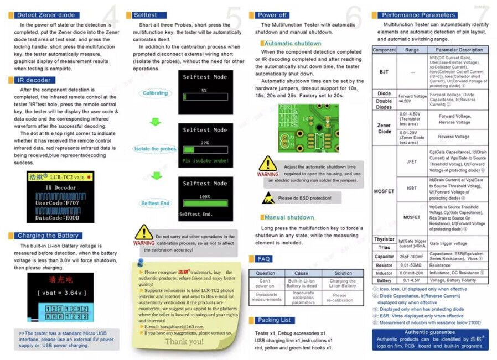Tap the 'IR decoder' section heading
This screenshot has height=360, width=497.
[x=35, y=80]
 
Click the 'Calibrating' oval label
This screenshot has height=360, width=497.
[x=155, y=93]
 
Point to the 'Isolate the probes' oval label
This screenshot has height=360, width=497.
[x=156, y=149]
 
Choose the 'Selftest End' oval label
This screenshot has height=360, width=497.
[x=155, y=204]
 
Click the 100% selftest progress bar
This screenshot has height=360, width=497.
[x=205, y=202]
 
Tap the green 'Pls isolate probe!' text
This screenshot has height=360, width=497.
[x=204, y=161]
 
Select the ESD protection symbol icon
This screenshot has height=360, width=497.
[x=268, y=197]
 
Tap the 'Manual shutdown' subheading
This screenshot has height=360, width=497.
[x=289, y=217]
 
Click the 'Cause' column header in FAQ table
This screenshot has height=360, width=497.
[x=301, y=273]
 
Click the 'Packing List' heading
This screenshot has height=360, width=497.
[x=275, y=320]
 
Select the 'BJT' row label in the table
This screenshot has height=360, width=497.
[x=384, y=72]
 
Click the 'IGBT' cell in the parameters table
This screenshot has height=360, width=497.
[x=412, y=188]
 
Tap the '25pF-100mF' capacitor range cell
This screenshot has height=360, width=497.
[x=412, y=257]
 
